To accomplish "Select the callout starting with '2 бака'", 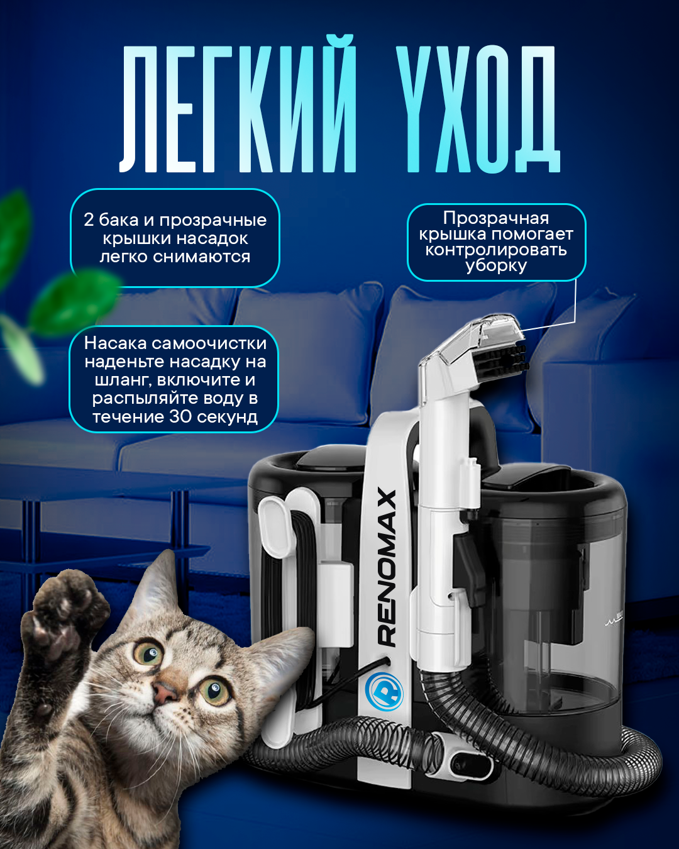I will (x=175, y=238).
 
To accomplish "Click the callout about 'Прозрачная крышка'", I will (x=496, y=241).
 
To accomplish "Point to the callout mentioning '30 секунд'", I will (x=174, y=379).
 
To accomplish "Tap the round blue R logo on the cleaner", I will (x=384, y=691).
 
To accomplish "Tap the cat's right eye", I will (x=214, y=691).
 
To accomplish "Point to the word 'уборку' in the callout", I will (x=496, y=265).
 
